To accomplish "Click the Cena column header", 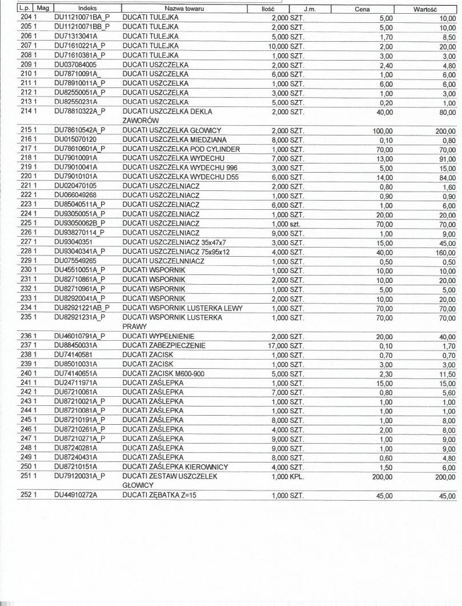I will point(362,9).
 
